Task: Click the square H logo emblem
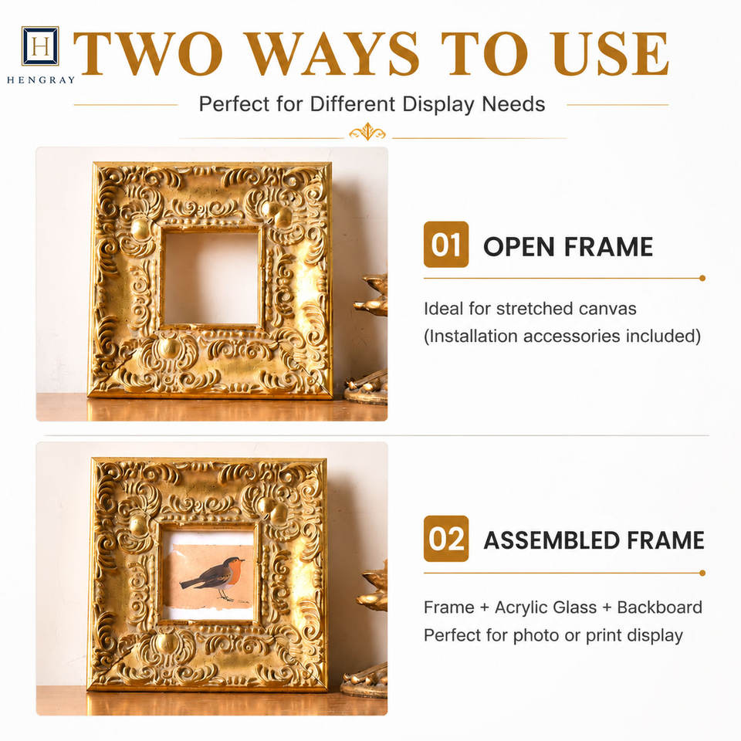pos(40,46)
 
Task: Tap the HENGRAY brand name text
pos(41,80)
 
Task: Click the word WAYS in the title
pos(333,53)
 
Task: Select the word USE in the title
pos(609,53)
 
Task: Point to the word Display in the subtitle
pos(438,104)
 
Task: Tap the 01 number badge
pos(446,245)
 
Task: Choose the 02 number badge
pos(446,539)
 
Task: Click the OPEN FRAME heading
pos(568,247)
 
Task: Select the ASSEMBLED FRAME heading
pos(594,540)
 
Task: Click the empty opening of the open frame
pos(211,277)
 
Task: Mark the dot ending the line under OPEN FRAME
pos(702,279)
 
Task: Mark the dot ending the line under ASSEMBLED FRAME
pos(702,574)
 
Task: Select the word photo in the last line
pos(536,635)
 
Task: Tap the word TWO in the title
pos(148,53)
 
